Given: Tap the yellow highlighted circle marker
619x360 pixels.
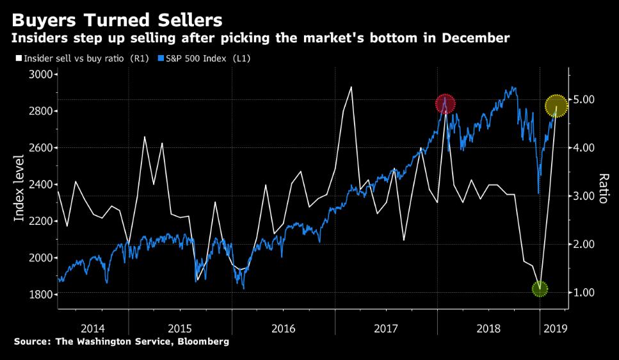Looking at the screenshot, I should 556,106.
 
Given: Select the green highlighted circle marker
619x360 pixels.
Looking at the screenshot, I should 540,289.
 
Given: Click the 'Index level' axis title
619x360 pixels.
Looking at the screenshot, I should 19,188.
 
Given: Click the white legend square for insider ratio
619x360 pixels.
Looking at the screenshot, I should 17,58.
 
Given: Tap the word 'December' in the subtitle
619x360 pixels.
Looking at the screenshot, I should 472,38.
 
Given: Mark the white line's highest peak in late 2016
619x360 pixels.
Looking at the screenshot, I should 351,87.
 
